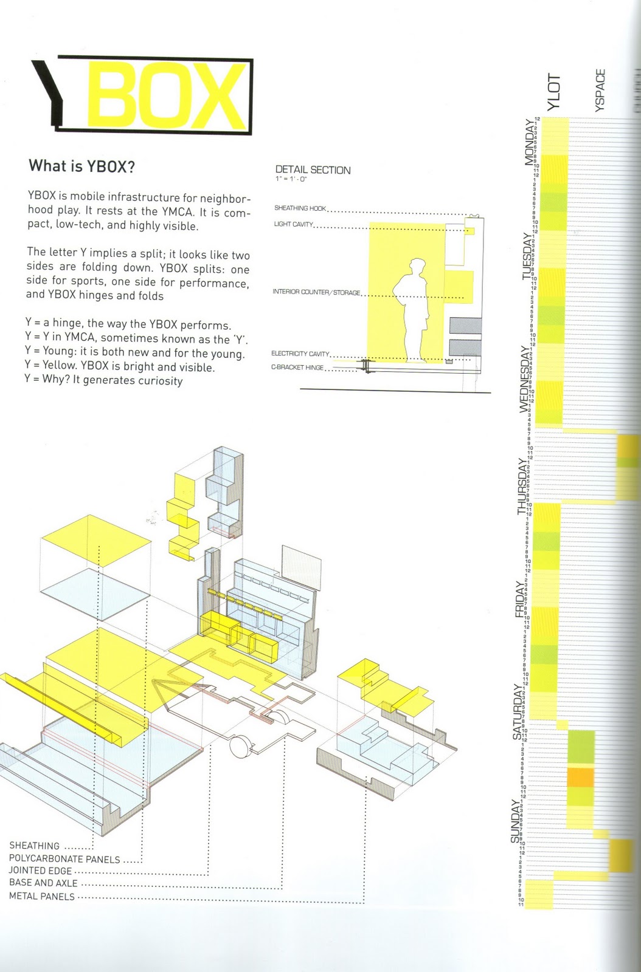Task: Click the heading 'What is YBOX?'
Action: pyautogui.click(x=81, y=166)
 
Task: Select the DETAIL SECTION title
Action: pyautogui.click(x=313, y=170)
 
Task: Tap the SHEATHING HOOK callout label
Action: pyautogui.click(x=300, y=208)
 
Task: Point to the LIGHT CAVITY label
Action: pyautogui.click(x=293, y=225)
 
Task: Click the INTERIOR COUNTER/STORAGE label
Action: pyautogui.click(x=316, y=292)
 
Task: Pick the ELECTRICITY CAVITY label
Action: pyautogui.click(x=300, y=354)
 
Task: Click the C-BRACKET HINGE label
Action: pyautogui.click(x=297, y=368)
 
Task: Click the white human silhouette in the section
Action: pyautogui.click(x=414, y=310)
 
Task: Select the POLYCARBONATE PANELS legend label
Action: pyautogui.click(x=64, y=859)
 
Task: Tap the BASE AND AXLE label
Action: pyautogui.click(x=43, y=883)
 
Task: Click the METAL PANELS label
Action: pyautogui.click(x=41, y=897)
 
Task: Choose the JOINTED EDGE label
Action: pyautogui.click(x=40, y=871)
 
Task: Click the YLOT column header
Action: pyautogui.click(x=554, y=92)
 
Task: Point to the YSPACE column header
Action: pyautogui.click(x=600, y=91)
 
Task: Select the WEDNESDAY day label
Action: pyautogui.click(x=524, y=379)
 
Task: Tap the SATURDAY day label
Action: pyautogui.click(x=518, y=711)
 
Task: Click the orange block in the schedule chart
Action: pyautogui.click(x=580, y=778)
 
